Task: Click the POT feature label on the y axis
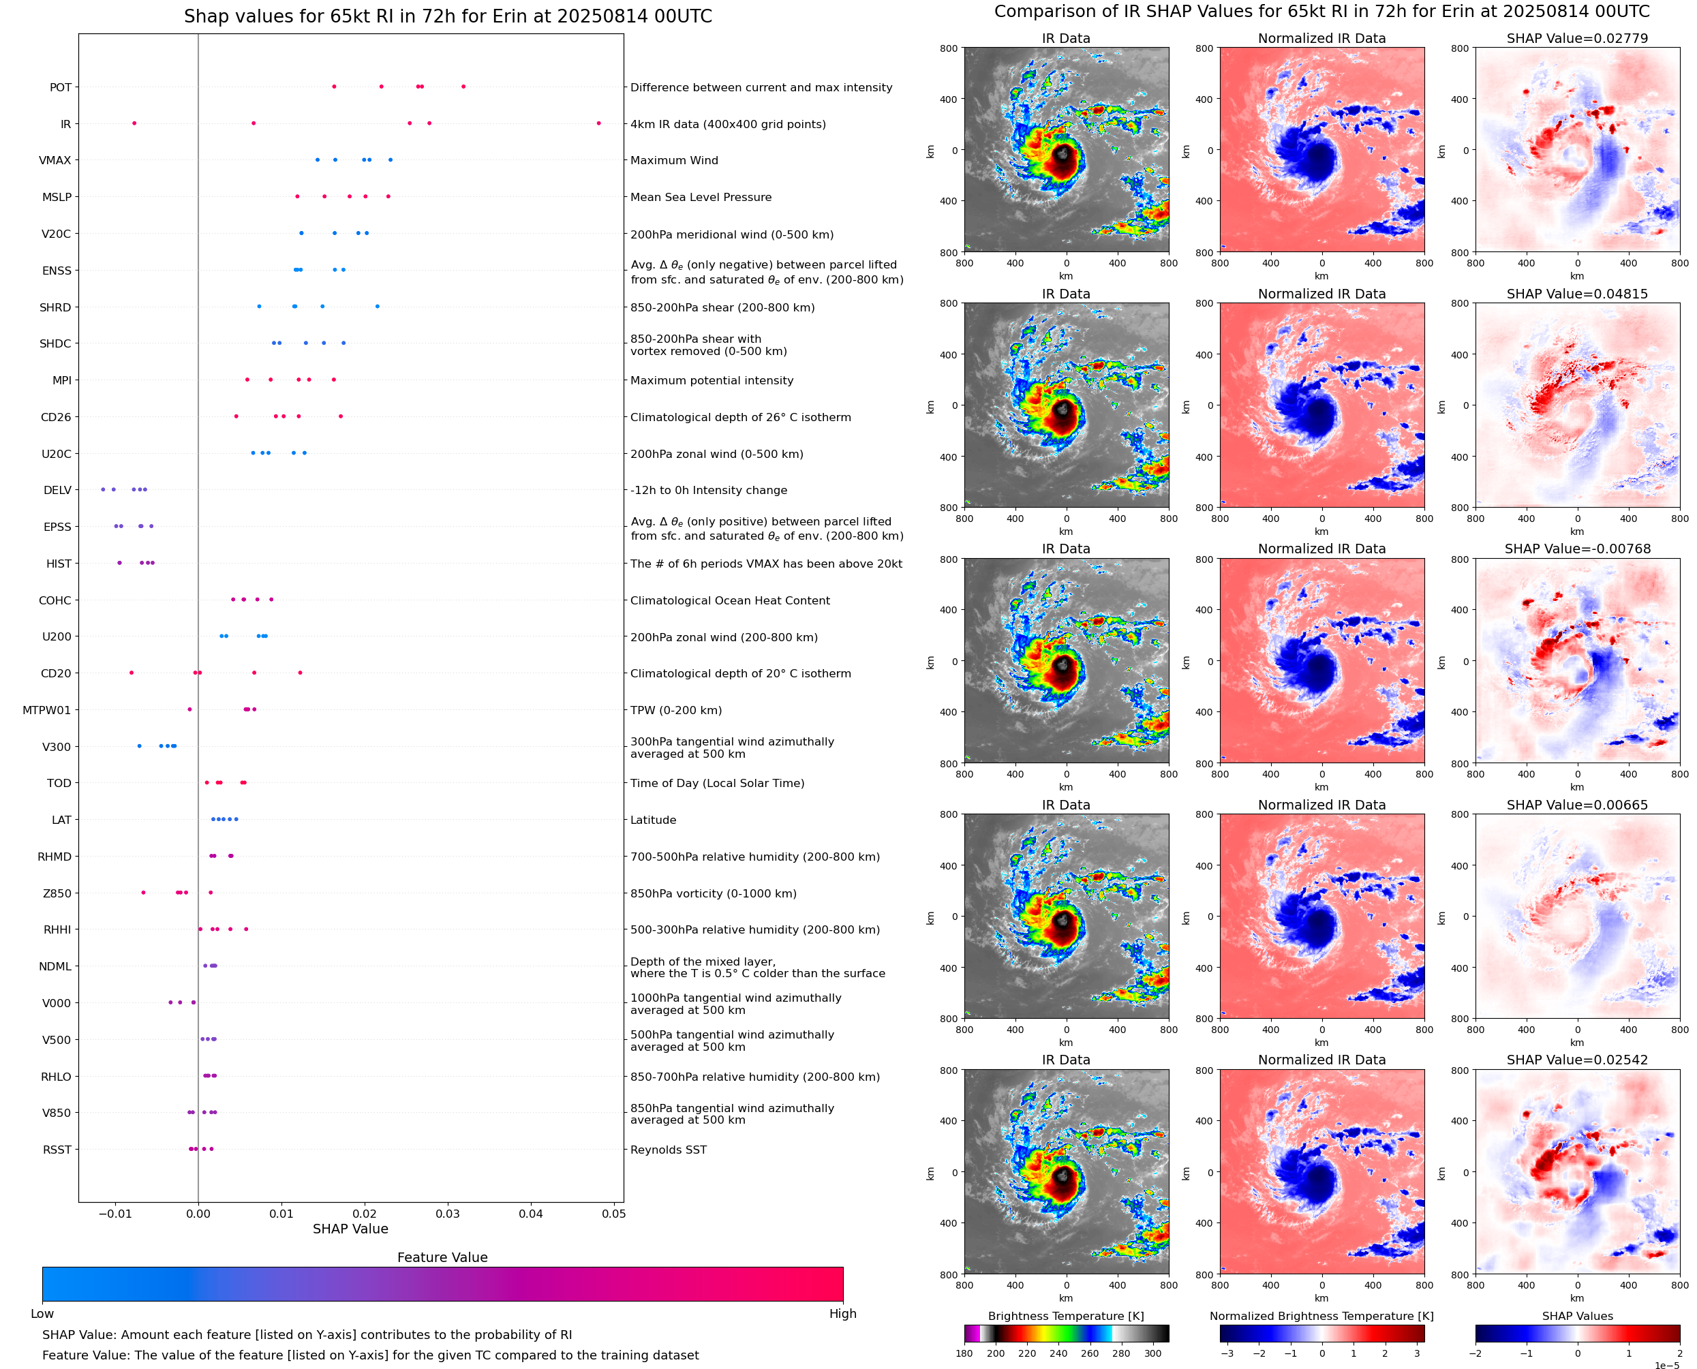tap(60, 87)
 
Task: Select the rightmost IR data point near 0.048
tap(598, 123)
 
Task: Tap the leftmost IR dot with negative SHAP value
tap(134, 123)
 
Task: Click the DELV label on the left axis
tap(57, 491)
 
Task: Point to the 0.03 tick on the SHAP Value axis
tap(447, 1214)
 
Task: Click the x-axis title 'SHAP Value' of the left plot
tap(350, 1229)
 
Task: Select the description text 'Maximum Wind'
tap(673, 161)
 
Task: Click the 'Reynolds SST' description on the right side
tap(668, 1150)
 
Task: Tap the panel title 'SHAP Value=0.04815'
tap(1576, 294)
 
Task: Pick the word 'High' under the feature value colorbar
tap(842, 1314)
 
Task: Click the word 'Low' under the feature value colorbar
tap(42, 1314)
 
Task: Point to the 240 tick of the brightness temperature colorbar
tap(1058, 1353)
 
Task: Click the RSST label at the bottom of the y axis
tap(57, 1150)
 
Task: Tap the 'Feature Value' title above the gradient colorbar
tap(442, 1258)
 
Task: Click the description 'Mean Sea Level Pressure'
tap(700, 197)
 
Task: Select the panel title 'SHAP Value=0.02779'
tap(1576, 39)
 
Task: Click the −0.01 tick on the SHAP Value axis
tap(115, 1214)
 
